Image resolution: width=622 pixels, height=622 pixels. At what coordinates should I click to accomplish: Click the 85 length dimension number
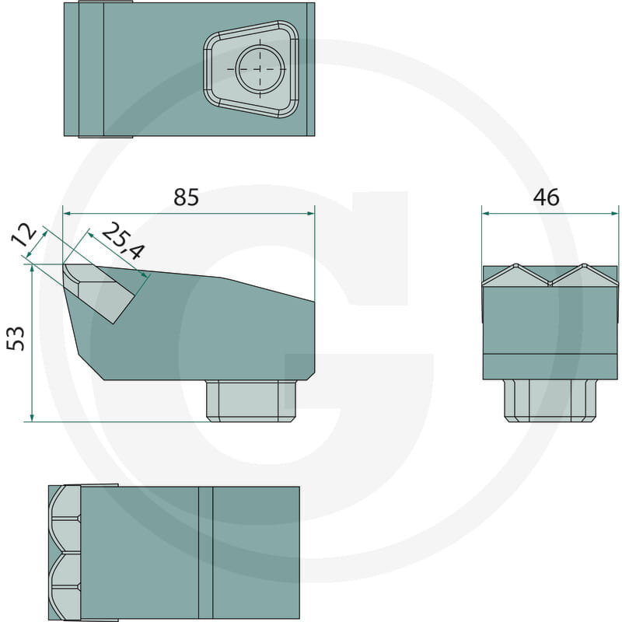pyautogui.click(x=187, y=197)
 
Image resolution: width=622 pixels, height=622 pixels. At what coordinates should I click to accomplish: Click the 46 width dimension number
pyautogui.click(x=547, y=197)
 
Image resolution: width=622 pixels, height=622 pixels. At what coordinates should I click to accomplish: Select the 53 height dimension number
pyautogui.click(x=16, y=338)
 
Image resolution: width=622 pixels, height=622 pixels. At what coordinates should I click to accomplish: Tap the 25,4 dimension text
pyautogui.click(x=122, y=240)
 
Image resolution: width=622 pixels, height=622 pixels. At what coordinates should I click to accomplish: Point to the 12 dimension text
pyautogui.click(x=26, y=236)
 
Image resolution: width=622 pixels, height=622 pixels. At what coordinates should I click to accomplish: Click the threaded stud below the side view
pyautogui.click(x=252, y=400)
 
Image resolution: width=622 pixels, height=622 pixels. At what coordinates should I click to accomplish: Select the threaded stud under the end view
pyautogui.click(x=550, y=400)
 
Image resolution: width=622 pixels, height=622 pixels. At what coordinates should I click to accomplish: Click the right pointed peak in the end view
pyautogui.click(x=585, y=267)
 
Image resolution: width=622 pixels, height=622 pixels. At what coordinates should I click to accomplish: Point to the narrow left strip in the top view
pyautogui.click(x=91, y=70)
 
